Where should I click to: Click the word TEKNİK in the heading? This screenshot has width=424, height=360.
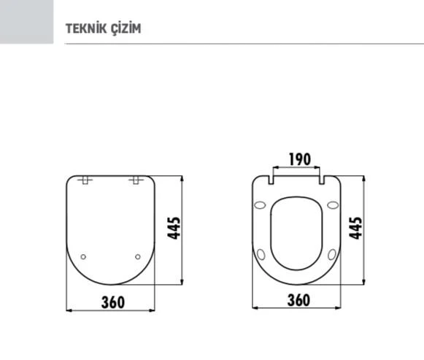click(x=84, y=28)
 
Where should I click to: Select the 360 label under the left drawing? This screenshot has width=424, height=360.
click(x=112, y=300)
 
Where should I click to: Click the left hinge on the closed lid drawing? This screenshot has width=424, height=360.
click(x=85, y=180)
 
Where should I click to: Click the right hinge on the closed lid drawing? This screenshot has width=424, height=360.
click(x=136, y=180)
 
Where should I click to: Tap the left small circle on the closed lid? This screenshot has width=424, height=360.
click(x=83, y=256)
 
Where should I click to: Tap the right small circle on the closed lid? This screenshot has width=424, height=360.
click(x=138, y=256)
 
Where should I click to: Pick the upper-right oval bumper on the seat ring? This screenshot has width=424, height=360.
click(x=334, y=205)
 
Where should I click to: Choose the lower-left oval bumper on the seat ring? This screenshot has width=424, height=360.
click(x=262, y=255)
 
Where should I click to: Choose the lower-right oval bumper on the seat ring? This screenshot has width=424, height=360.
click(x=333, y=255)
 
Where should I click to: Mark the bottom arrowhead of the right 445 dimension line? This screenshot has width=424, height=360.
click(x=363, y=283)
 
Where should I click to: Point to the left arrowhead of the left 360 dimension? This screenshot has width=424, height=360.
click(x=69, y=310)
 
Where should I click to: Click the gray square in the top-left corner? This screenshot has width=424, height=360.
click(x=27, y=22)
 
